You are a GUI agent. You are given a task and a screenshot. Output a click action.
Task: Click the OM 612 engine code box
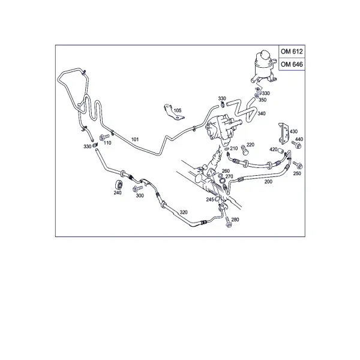292,51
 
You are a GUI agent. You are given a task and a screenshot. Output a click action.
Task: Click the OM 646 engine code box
292,64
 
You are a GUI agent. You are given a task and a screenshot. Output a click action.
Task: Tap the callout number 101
135,139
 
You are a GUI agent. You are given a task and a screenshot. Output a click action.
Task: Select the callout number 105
178,110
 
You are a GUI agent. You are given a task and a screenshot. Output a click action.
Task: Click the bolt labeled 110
104,137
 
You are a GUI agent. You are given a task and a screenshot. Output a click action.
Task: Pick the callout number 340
262,113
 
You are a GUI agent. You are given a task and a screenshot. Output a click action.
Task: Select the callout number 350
262,100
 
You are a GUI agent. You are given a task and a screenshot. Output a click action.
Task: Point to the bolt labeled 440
296,145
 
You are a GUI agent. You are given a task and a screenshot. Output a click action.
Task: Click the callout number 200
268,182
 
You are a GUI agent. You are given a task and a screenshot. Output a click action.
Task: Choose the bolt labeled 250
298,165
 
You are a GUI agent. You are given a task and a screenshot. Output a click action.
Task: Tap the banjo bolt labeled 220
244,150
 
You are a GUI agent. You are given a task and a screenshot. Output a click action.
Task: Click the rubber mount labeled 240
119,185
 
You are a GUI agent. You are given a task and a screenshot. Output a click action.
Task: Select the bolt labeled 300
137,189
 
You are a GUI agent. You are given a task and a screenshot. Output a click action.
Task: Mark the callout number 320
184,212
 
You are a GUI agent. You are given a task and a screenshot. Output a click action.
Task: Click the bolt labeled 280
228,222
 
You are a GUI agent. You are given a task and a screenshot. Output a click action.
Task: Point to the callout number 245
210,200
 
